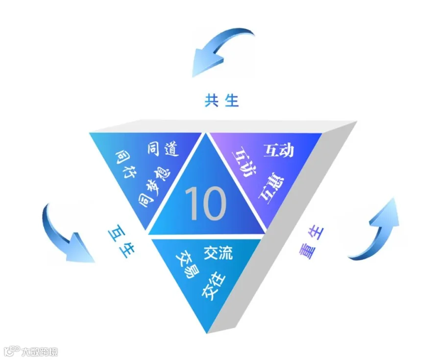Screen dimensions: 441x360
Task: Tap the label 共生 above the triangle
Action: click(221, 100)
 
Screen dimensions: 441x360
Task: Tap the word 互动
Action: click(279, 150)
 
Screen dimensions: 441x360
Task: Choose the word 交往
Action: click(214, 287)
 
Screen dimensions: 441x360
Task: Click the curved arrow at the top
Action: click(223, 49)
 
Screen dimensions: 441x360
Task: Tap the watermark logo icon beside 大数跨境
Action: click(11, 352)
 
